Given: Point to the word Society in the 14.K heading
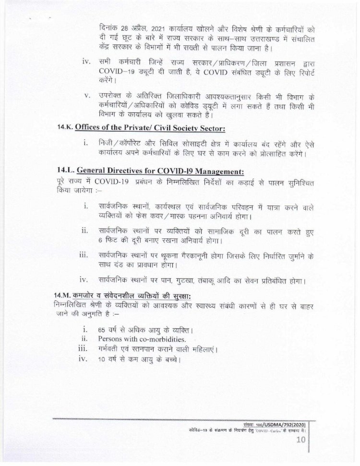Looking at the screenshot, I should [x=187, y=128].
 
